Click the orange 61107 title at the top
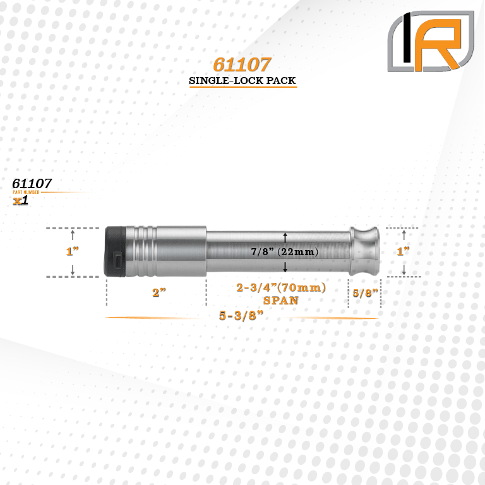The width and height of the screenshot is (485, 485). click(x=242, y=64)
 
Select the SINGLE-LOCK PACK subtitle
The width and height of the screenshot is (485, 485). click(x=242, y=81)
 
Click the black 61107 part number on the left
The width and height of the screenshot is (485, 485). click(x=32, y=184)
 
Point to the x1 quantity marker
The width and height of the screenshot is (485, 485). click(x=21, y=200)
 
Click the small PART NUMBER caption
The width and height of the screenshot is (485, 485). click(x=27, y=192)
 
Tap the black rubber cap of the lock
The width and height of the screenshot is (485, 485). click(x=115, y=251)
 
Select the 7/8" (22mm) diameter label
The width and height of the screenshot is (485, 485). click(x=285, y=252)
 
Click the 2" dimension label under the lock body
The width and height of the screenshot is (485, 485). click(x=159, y=292)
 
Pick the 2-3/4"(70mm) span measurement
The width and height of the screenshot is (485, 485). click(x=281, y=288)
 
